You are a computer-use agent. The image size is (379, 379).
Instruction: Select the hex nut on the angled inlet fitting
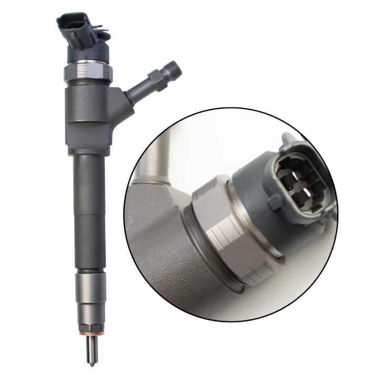click(x=155, y=79)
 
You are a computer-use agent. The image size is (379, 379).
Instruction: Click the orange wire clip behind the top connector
click(x=98, y=24)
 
